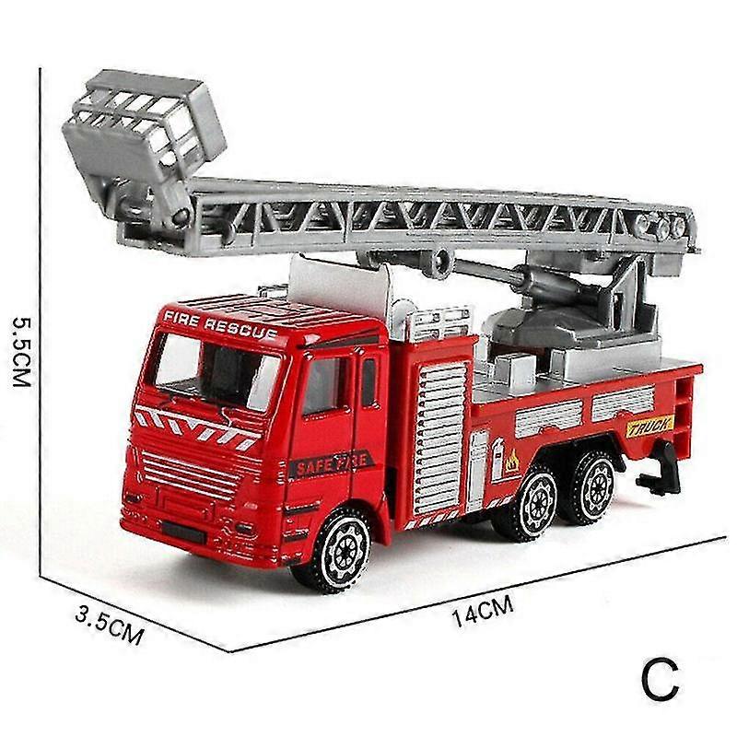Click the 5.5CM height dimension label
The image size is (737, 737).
coord(22,351)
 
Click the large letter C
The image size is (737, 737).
coord(660,678)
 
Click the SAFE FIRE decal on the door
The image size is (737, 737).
coord(331,463)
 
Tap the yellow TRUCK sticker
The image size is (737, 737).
coord(650,426)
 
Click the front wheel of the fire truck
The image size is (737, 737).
coord(338,551)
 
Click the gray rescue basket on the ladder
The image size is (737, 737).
coord(143,134)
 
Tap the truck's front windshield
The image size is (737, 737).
coord(217,372)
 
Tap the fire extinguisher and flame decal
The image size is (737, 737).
coord(505,458)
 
